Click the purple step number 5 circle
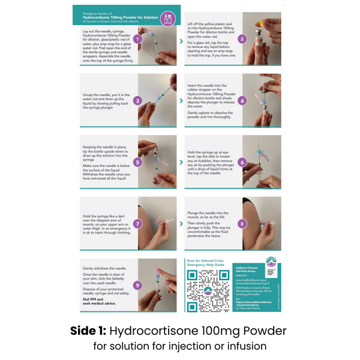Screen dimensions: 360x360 [x=138, y=161]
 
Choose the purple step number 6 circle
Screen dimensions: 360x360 [x=242, y=161]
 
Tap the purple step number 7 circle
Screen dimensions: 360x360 [x=138, y=223]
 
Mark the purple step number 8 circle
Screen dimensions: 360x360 [x=242, y=223]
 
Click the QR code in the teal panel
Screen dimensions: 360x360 [x=206, y=290]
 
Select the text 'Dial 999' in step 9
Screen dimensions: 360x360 [x=92, y=304]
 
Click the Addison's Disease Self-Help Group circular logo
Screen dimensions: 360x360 [x=271, y=263]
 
